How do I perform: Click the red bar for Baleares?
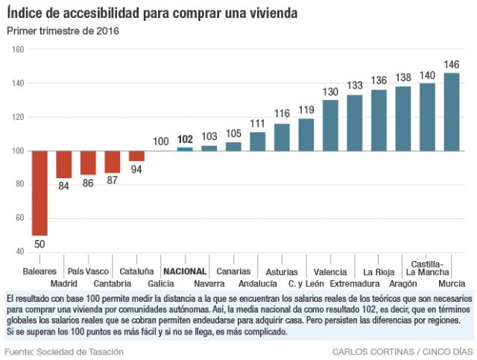pos(40,193)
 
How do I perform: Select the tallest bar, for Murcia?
pos(452,112)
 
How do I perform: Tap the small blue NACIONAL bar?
pos(185,149)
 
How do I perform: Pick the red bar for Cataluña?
pos(136,156)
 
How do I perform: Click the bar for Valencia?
pos(330,125)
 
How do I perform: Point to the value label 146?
pos(452,65)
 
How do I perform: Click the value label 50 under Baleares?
pos(40,244)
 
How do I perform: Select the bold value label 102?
pos(186,139)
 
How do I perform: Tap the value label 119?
pos(306,110)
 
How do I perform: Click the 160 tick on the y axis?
pos(17,50)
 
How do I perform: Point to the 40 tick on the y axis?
pos(19,252)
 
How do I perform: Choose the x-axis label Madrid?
pos(64,284)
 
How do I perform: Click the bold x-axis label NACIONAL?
pos(184,272)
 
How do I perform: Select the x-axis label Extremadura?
pos(354,284)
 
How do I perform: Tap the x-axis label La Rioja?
pos(379,272)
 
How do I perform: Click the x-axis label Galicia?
pos(161,284)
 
